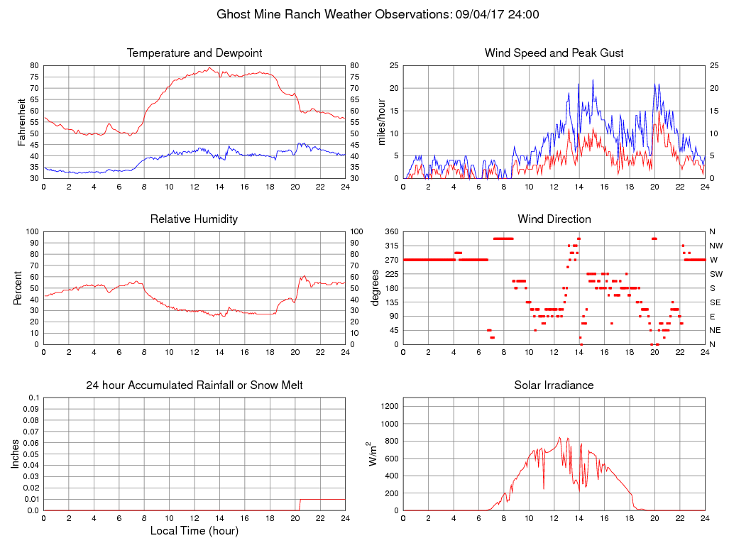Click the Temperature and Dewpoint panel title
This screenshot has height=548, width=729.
coord(194,53)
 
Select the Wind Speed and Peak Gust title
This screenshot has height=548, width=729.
coord(554,53)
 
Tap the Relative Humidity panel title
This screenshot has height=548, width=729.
coord(194,219)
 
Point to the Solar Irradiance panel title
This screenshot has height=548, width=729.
coord(554,385)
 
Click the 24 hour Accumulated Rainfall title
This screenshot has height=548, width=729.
coord(194,385)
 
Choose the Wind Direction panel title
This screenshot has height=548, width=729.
coord(554,219)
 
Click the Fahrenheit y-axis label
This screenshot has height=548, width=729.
coord(22,122)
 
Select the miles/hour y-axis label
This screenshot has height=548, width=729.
coord(383,122)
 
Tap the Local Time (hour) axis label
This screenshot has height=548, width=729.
coord(194,531)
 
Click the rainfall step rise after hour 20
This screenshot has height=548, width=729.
coord(300,504)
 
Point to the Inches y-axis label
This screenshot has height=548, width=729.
coord(16,454)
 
